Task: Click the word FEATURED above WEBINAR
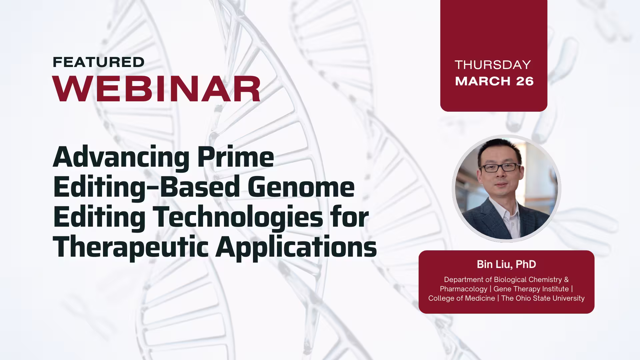[x=99, y=62]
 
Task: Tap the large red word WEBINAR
[x=157, y=89]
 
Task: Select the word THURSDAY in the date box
[x=493, y=65]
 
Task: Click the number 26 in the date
[x=525, y=81]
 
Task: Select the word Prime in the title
[x=236, y=157]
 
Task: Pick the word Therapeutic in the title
[x=131, y=248]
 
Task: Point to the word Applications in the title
[x=296, y=248]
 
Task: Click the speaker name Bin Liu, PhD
[x=506, y=264]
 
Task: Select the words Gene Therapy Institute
[x=531, y=289]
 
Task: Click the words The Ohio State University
[x=543, y=298]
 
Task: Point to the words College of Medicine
[x=462, y=298]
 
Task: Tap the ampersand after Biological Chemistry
[x=566, y=279]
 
